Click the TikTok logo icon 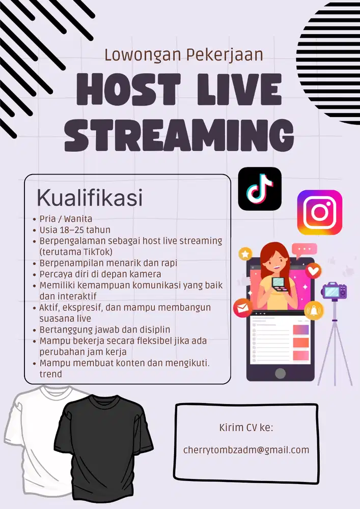[260, 189]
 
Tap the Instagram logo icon [319, 212]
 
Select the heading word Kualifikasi [89, 199]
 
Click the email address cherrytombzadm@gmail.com [246, 450]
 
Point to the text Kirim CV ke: [246, 427]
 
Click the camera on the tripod [334, 291]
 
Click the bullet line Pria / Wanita [66, 219]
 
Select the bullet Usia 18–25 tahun [75, 230]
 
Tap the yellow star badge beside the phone [246, 253]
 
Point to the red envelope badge [243, 307]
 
